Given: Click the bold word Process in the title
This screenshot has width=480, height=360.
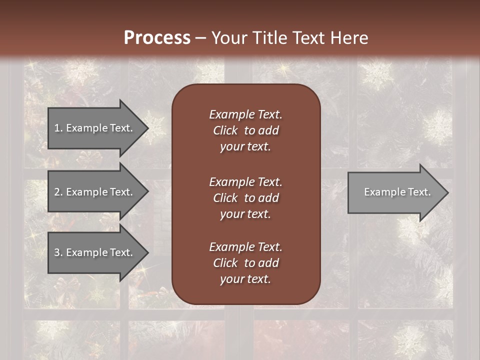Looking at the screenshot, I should pyautogui.click(x=157, y=38).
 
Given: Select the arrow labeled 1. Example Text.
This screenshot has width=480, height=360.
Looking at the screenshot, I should pyautogui.click(x=93, y=128).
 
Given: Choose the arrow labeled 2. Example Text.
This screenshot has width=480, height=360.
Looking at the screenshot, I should pyautogui.click(x=93, y=192).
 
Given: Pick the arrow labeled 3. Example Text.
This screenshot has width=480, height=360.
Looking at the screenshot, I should pyautogui.click(x=93, y=252).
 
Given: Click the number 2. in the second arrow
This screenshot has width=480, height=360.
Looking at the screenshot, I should pyautogui.click(x=58, y=192).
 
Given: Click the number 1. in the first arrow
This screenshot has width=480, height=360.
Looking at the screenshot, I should pyautogui.click(x=58, y=128).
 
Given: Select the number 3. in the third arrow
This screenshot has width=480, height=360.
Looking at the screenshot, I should pyautogui.click(x=58, y=252).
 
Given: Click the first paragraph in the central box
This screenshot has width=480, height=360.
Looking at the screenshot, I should pyautogui.click(x=245, y=130).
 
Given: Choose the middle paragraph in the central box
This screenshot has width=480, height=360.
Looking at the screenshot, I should pyautogui.click(x=245, y=198).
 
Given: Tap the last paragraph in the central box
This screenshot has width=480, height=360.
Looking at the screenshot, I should pyautogui.click(x=245, y=263).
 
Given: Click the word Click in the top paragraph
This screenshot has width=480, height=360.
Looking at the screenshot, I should pyautogui.click(x=225, y=130).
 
